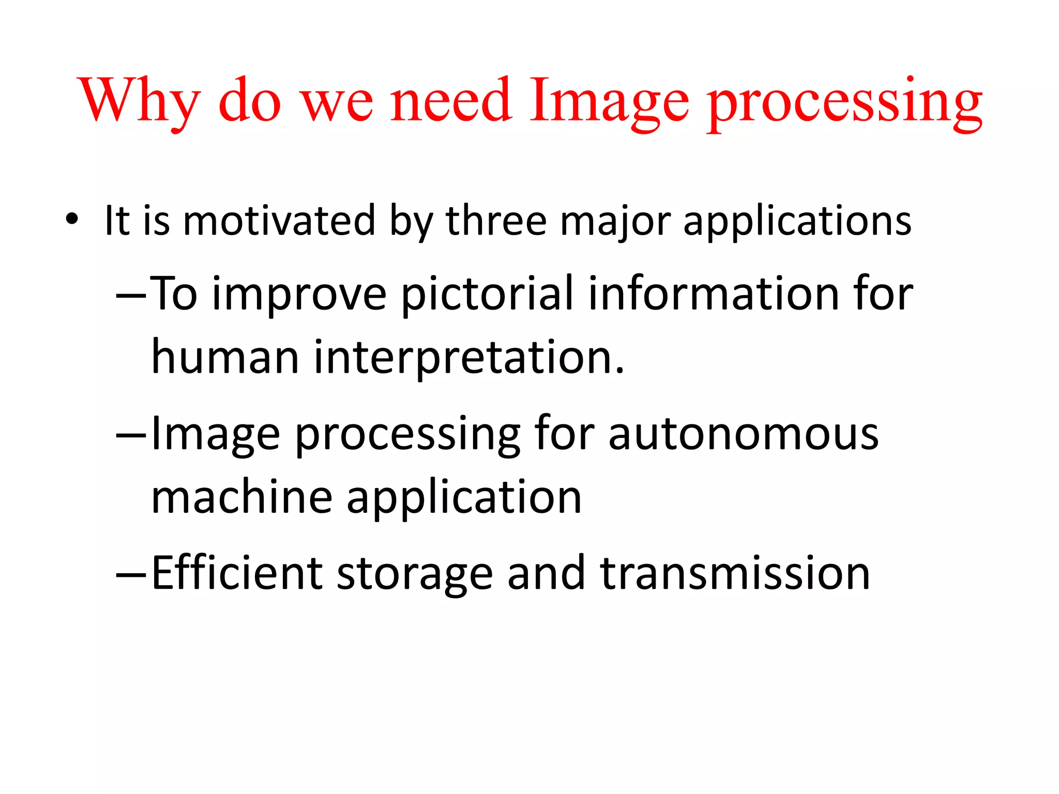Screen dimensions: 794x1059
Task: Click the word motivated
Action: click(x=279, y=221)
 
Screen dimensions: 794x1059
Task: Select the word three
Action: click(x=496, y=221)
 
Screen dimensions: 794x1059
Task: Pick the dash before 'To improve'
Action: click(x=132, y=296)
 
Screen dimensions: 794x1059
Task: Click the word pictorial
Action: click(x=487, y=295)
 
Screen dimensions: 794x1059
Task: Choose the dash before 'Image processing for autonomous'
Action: click(x=132, y=435)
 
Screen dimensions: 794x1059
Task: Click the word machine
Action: click(x=242, y=497)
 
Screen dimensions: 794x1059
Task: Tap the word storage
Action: click(x=415, y=575)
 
